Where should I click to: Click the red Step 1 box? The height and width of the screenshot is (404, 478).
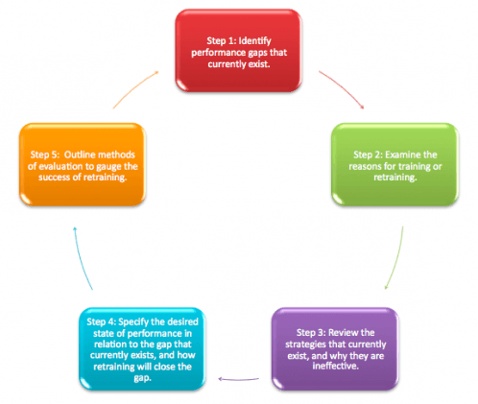click(x=238, y=51)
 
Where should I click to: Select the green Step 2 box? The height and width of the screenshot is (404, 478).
click(x=394, y=164)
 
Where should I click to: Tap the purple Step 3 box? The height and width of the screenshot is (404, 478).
click(x=335, y=349)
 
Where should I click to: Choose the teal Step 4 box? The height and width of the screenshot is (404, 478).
click(x=142, y=349)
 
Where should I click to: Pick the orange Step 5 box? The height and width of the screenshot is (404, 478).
click(x=83, y=164)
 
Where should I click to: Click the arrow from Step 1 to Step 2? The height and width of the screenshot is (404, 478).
click(x=344, y=87)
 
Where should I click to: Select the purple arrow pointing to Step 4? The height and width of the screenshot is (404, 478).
click(x=238, y=380)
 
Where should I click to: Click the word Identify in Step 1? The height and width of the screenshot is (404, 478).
click(x=255, y=41)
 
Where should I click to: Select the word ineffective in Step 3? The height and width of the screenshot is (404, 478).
click(x=336, y=366)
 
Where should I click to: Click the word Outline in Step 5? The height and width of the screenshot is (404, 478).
click(x=80, y=154)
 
